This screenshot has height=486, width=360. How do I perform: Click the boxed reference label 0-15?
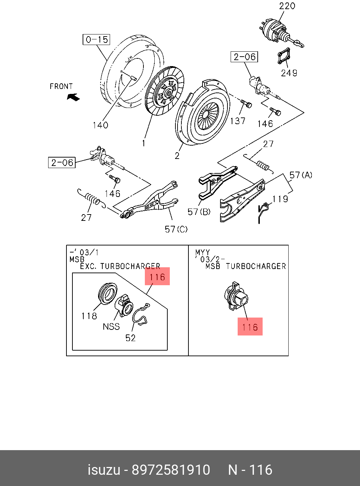(96, 39)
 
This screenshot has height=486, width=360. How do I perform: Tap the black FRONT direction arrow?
(73, 97)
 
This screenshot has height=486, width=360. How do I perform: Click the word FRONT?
(61, 86)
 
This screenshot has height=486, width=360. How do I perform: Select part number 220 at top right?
(287, 6)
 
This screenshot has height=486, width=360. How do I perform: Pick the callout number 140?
(100, 125)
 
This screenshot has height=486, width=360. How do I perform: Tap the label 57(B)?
(199, 212)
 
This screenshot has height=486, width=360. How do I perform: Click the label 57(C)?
(176, 229)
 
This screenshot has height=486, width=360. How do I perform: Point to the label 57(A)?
(301, 175)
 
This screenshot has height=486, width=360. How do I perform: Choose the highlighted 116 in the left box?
(157, 277)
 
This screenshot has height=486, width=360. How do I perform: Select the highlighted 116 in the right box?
(250, 327)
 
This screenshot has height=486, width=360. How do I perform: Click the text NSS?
(111, 327)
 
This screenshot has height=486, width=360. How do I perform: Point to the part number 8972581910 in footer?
(171, 470)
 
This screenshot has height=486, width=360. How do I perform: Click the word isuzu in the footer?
(104, 470)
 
